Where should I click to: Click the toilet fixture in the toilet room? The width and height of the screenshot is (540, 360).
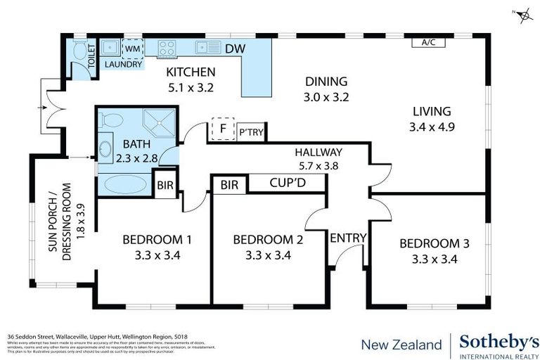click(78, 49)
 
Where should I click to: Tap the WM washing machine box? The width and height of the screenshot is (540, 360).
click(132, 48)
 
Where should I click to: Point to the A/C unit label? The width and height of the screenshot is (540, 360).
click(428, 42)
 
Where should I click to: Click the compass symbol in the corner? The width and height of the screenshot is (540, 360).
click(522, 15)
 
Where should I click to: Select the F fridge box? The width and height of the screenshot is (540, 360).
click(222, 129)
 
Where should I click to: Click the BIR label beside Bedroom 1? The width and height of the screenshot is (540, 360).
click(165, 186)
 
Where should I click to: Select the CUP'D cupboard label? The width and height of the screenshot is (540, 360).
click(287, 184)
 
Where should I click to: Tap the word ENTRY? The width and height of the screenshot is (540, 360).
click(348, 238)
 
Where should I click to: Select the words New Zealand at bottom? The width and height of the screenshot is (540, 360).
click(401, 345)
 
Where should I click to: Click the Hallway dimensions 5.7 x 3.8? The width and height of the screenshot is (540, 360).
click(318, 167)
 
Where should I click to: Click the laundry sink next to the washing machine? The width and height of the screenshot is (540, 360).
click(110, 48)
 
